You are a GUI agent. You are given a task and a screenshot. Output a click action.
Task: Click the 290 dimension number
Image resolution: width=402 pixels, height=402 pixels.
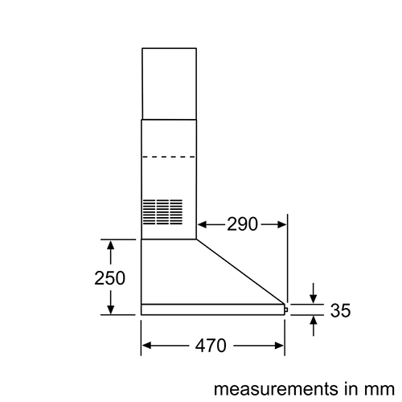pos(242,224)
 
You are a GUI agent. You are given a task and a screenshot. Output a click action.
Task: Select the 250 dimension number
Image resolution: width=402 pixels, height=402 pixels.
pos(109,278)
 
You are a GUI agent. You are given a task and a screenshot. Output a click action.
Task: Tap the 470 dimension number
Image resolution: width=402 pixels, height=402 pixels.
pos(211,346)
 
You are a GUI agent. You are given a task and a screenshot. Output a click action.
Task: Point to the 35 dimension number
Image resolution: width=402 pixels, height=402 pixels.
pos(340,310)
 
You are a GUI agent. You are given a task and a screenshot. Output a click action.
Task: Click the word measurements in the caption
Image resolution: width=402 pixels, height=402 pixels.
pos(276,389)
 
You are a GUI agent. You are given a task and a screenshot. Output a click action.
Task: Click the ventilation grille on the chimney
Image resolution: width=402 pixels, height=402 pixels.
pos(162,211)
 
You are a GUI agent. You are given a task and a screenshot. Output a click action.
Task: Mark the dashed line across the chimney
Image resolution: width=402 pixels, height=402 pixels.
pos(169,157)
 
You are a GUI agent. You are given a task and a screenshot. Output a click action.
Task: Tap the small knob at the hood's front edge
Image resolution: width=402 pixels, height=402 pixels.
pos(286,310)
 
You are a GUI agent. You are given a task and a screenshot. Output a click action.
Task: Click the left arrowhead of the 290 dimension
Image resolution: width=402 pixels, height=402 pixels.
pos(202,224)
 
